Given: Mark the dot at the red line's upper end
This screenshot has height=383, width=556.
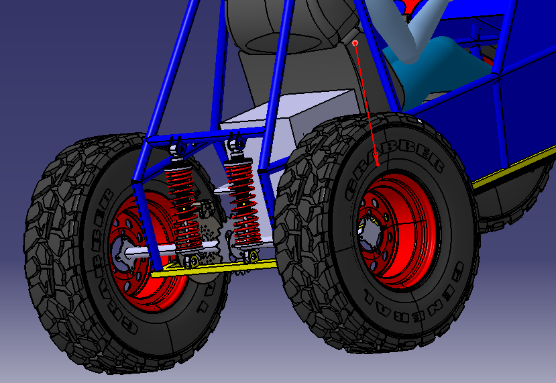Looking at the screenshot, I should (x=355, y=43).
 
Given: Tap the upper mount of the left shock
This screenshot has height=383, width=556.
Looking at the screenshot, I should (x=178, y=147).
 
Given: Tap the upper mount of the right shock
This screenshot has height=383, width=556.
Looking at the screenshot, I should (x=236, y=143).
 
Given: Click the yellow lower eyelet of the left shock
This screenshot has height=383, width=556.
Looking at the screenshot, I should (x=194, y=261).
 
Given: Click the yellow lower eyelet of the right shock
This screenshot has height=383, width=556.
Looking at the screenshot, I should (x=252, y=256).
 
